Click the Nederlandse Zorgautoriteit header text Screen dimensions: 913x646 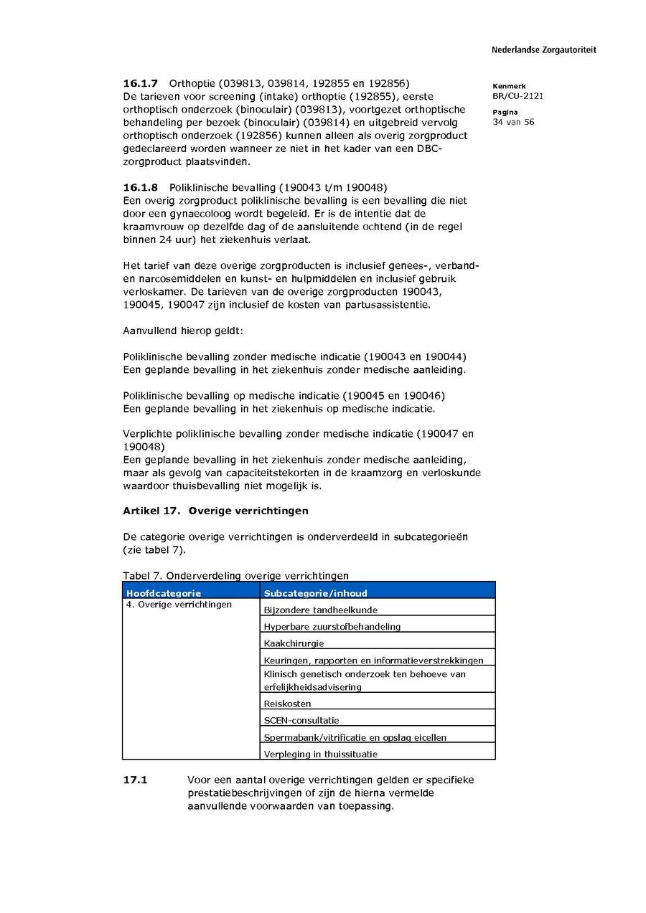tap(543, 50)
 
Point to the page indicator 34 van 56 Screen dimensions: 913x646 tap(513, 122)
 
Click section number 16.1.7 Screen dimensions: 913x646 tap(141, 83)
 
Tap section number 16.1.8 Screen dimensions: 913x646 tap(141, 187)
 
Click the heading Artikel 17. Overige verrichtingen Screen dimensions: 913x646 tap(215, 511)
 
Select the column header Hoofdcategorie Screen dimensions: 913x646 tap(164, 593)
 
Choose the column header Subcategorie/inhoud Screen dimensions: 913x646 tap(315, 593)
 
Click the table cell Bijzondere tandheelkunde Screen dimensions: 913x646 tap(320, 610)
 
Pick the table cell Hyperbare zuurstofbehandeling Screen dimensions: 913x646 tap(332, 627)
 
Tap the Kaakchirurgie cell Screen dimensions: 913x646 tap(294, 643)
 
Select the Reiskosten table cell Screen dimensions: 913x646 tap(287, 704)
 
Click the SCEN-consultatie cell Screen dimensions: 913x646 tap(301, 720)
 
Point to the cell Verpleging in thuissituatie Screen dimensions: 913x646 tap(320, 754)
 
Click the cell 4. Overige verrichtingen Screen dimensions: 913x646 tap(179, 605)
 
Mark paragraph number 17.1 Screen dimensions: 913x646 tap(135, 780)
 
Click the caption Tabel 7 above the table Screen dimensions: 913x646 tap(235, 575)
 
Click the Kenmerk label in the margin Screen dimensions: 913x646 tap(509, 86)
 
